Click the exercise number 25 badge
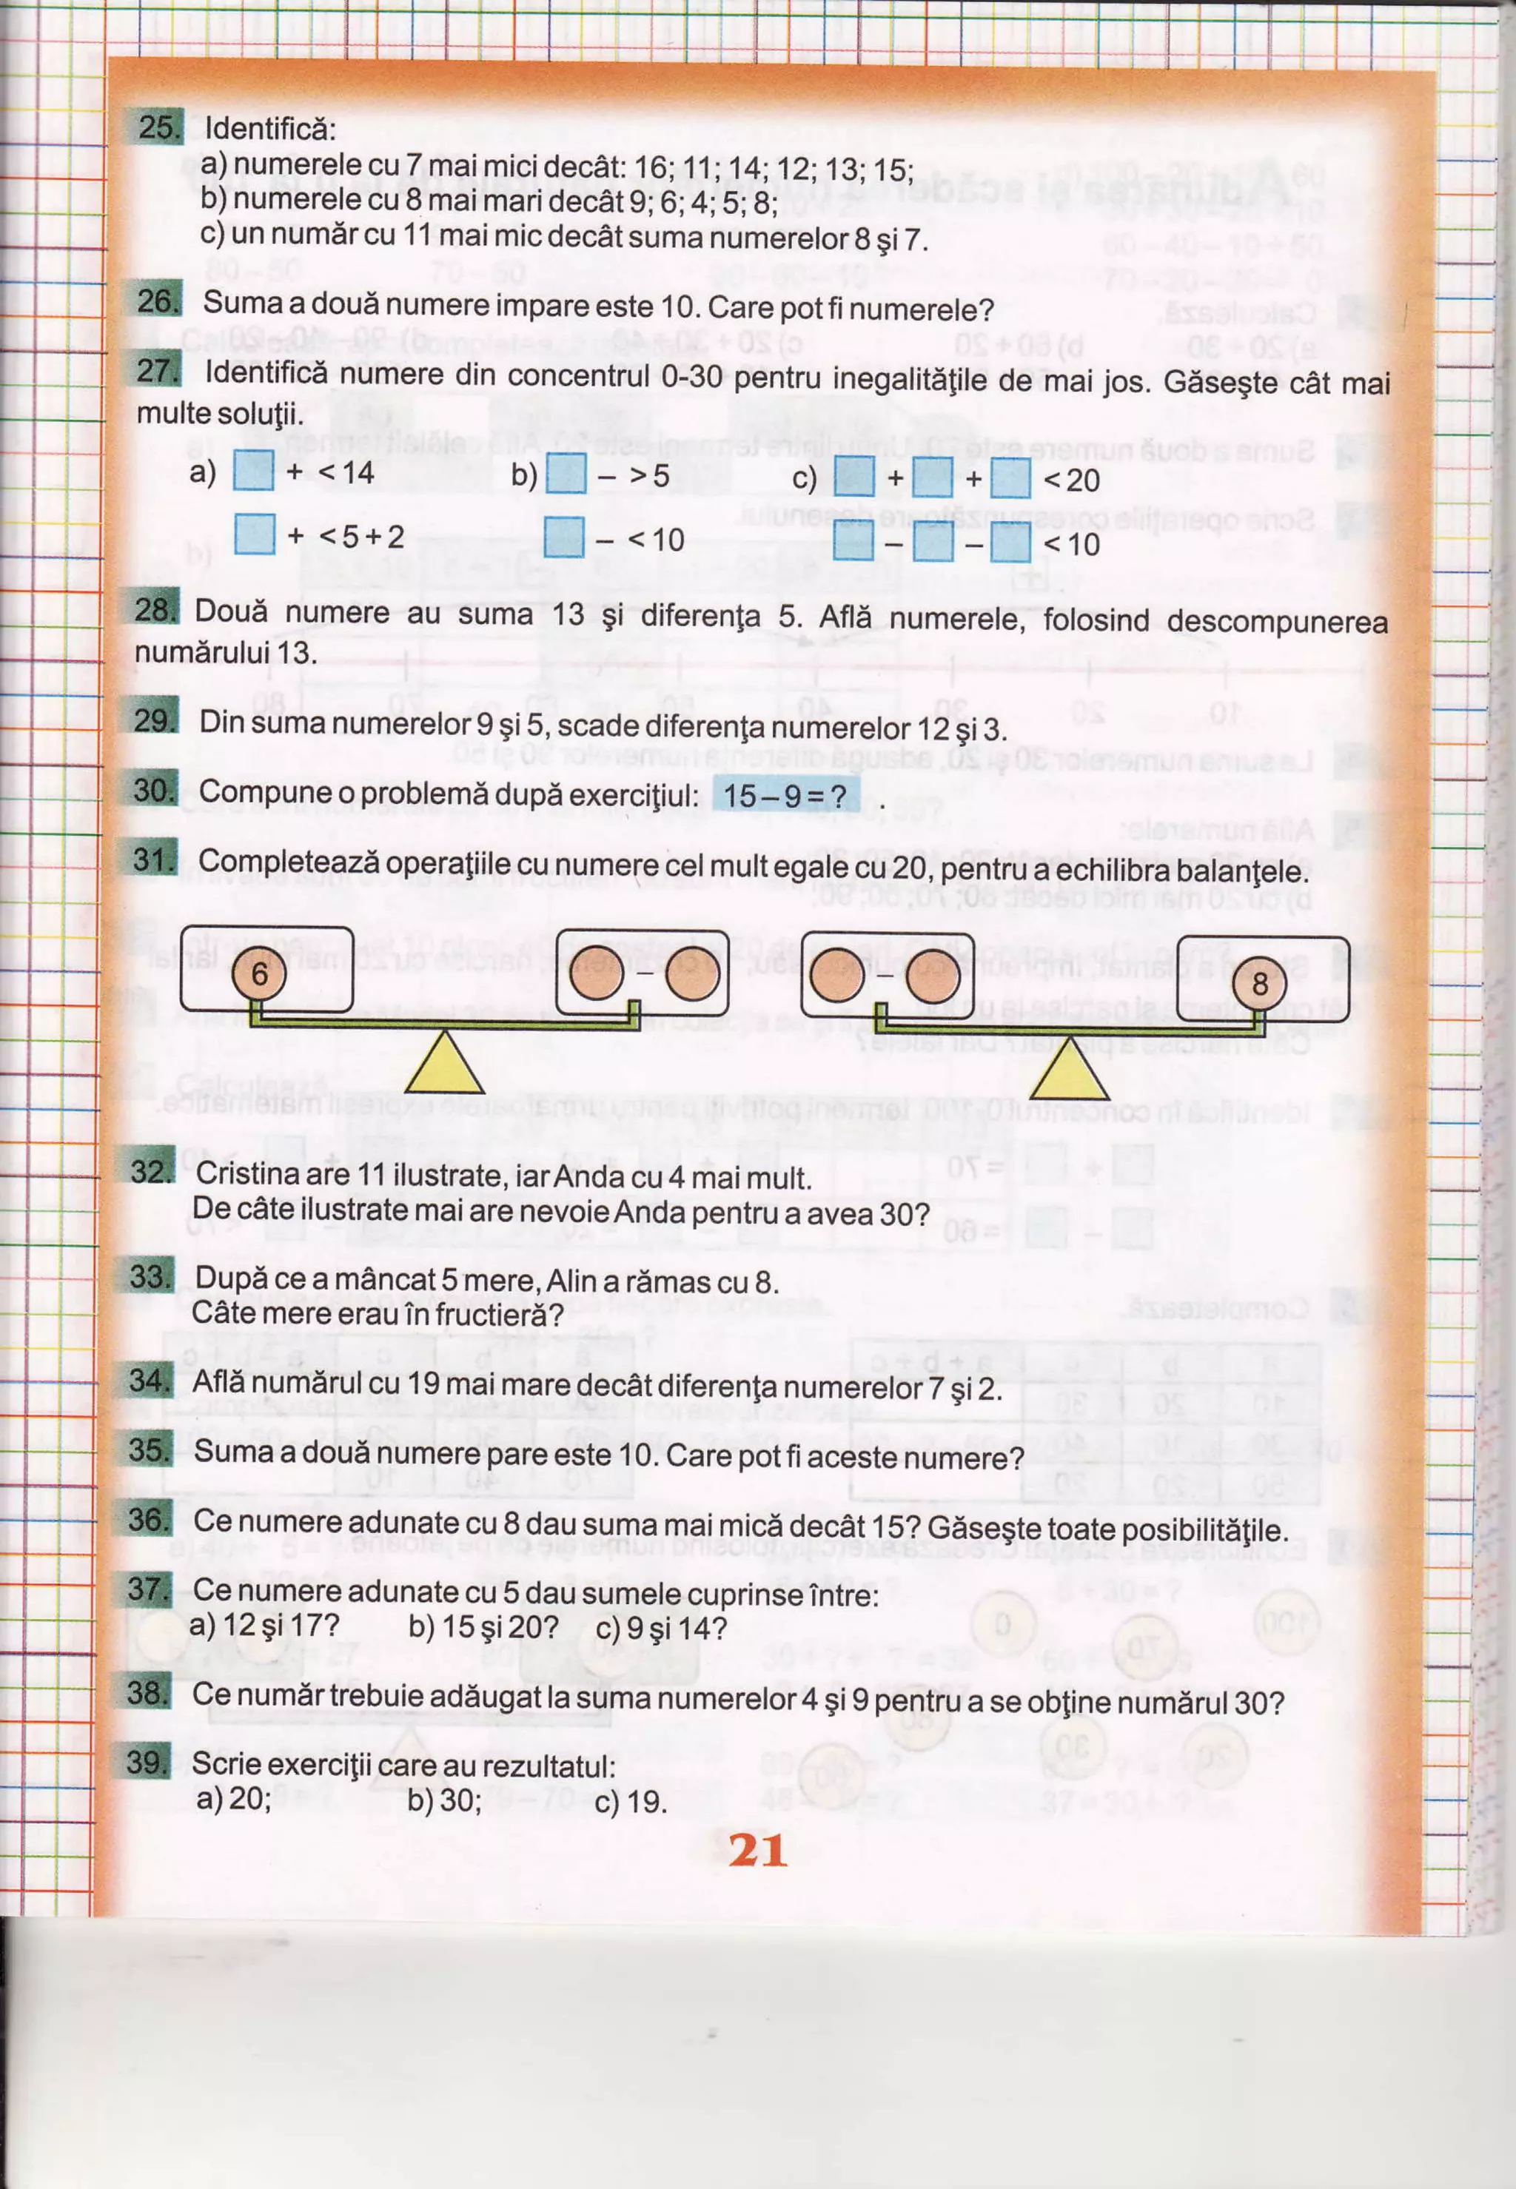(x=154, y=127)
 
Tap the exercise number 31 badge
(x=152, y=859)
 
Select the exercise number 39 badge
(x=147, y=1763)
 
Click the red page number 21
(x=757, y=1850)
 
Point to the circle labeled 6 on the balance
(x=259, y=973)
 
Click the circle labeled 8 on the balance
(x=1258, y=983)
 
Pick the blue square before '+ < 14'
(x=254, y=471)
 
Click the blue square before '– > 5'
(x=566, y=474)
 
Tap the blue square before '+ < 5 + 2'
(x=255, y=534)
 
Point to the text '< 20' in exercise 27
(x=1071, y=480)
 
